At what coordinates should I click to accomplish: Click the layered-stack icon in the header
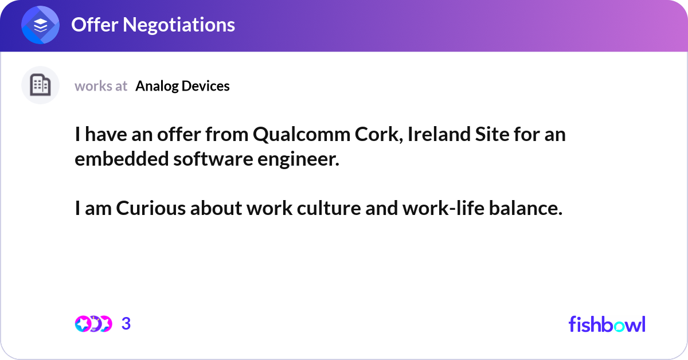point(40,25)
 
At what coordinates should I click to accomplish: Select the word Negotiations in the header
point(179,25)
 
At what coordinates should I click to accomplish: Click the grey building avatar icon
point(40,85)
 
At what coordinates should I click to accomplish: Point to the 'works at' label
point(101,86)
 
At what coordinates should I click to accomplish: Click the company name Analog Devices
point(182,86)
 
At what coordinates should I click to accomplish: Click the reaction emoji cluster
point(93,324)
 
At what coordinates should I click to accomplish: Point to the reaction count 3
point(126,324)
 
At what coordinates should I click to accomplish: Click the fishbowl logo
point(607,324)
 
